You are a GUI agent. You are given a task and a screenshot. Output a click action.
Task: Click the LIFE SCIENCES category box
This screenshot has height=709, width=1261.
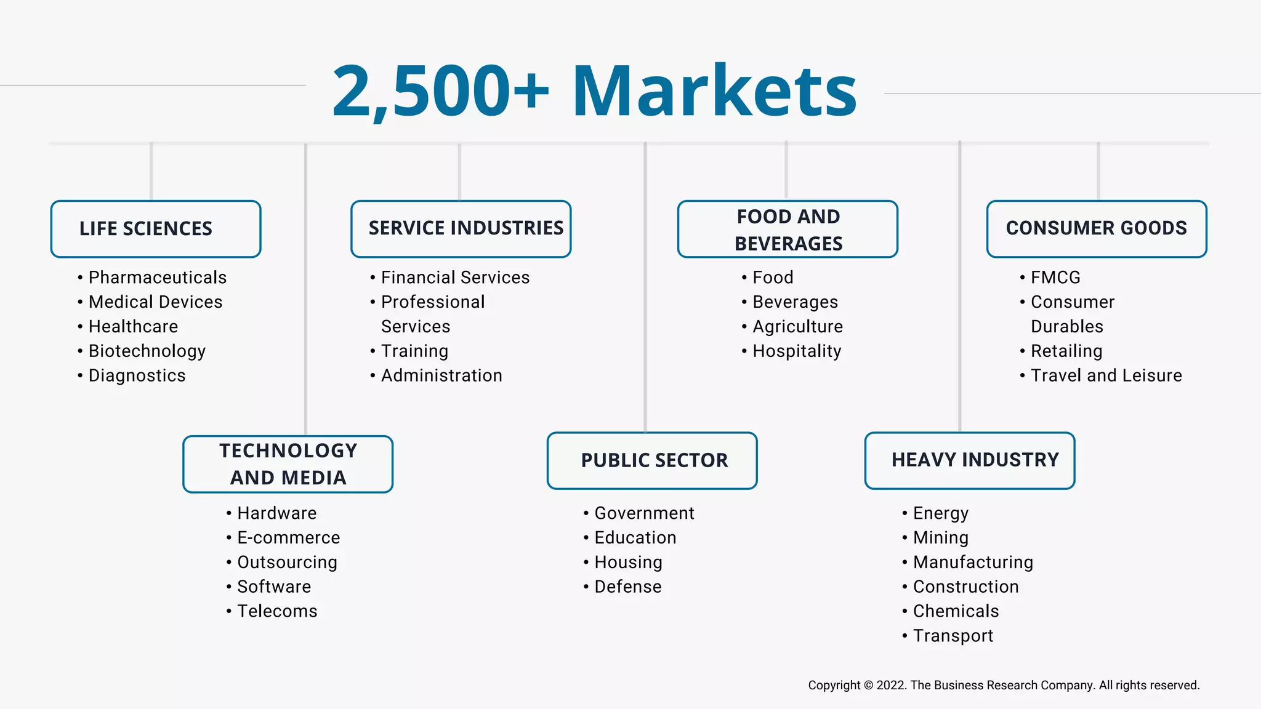click(156, 229)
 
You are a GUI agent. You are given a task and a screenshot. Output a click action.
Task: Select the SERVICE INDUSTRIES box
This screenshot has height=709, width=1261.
click(461, 229)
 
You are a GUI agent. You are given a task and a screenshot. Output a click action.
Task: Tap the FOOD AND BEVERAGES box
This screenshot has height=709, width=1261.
click(788, 229)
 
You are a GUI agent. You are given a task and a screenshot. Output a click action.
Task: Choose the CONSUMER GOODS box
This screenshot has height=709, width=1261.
click(1097, 229)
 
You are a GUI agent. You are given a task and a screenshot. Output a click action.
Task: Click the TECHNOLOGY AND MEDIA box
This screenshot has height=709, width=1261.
click(288, 464)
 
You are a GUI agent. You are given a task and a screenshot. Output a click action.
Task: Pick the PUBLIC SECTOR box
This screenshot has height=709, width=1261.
click(652, 461)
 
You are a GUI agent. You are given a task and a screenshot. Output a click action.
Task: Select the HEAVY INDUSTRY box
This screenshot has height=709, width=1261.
click(970, 461)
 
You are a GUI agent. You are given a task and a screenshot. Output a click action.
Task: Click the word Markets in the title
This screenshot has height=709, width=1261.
click(714, 91)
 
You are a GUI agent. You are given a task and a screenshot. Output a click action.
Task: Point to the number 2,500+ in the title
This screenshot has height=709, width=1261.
click(440, 91)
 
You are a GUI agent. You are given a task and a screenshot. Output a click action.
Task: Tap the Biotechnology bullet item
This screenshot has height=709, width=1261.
click(147, 351)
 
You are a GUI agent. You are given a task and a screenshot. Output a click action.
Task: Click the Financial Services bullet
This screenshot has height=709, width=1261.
click(455, 278)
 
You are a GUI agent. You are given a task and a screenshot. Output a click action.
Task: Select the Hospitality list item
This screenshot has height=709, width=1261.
click(797, 351)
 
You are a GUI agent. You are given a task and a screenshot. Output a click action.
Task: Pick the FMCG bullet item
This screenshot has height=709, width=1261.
click(1055, 278)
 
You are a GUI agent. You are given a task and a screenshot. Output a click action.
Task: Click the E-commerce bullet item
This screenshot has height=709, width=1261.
click(288, 538)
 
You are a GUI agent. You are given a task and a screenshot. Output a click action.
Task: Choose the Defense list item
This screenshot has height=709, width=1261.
click(628, 587)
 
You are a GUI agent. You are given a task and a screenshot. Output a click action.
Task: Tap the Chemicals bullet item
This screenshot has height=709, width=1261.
click(956, 611)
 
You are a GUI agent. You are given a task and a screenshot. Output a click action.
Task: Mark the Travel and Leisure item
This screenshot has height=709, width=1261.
click(1106, 375)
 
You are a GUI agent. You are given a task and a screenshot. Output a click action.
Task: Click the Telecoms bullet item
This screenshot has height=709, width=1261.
click(277, 611)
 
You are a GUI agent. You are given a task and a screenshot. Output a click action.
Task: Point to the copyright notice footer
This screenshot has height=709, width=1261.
click(1004, 685)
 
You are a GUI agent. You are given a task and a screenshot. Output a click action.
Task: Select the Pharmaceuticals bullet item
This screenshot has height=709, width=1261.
click(158, 278)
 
